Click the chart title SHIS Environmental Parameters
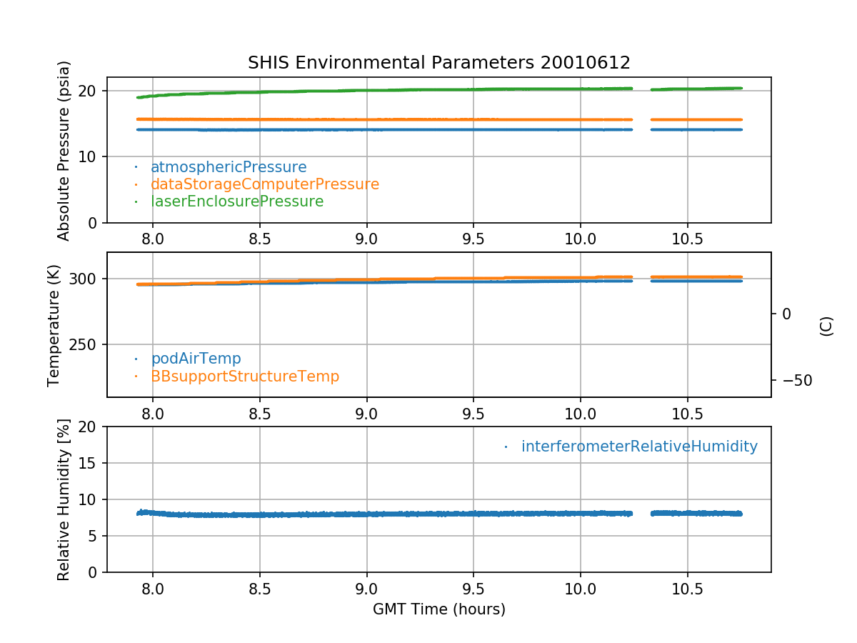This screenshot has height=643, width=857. [x=438, y=63]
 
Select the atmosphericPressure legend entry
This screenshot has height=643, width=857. [x=228, y=167]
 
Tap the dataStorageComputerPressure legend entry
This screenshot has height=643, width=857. [x=264, y=184]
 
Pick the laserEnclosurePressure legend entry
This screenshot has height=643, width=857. [x=236, y=201]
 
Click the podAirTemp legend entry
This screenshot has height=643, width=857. [x=196, y=359]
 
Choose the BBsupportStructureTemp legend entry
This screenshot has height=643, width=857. [x=244, y=376]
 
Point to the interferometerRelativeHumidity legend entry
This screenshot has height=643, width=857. [x=638, y=447]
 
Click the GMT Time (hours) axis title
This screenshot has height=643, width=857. [x=438, y=609]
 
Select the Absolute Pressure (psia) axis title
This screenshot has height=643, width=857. [x=64, y=150]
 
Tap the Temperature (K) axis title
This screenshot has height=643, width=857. [x=54, y=325]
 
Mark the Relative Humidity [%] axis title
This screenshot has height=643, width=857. [x=64, y=499]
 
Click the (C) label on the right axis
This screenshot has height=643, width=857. [x=826, y=327]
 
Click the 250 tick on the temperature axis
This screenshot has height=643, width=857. [x=85, y=344]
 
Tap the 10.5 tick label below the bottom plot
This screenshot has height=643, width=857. [x=687, y=588]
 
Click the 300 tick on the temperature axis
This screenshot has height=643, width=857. [x=85, y=279]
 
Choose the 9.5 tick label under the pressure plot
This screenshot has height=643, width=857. [x=473, y=239]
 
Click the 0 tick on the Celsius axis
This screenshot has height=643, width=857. [x=786, y=314]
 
